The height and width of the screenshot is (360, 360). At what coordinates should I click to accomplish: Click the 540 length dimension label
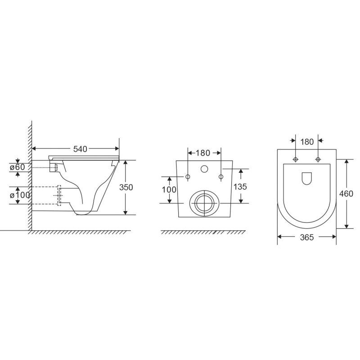coord(80,149)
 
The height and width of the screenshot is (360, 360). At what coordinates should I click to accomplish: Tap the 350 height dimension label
coord(126,187)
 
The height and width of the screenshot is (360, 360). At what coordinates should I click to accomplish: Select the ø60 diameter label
coord(17,167)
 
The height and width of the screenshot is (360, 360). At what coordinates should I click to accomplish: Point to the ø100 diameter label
coord(20,195)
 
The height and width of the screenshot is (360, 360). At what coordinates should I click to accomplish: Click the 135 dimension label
coord(240,187)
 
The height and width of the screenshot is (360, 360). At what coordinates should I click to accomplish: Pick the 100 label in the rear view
coord(169,189)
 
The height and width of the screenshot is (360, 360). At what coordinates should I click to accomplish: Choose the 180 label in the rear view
coord(203,153)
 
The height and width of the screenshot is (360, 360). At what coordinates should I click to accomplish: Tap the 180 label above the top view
coord(307,142)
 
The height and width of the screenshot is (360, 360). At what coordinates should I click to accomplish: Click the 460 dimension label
coord(346,194)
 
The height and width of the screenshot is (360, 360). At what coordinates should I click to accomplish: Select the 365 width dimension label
coord(307,237)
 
